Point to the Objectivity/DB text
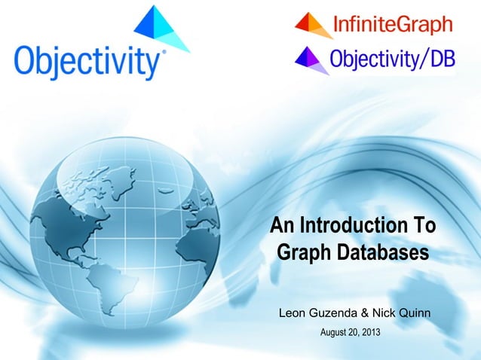(x=393, y=59)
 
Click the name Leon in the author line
(x=293, y=312)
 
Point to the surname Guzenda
(x=337, y=312)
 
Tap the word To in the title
(x=424, y=225)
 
